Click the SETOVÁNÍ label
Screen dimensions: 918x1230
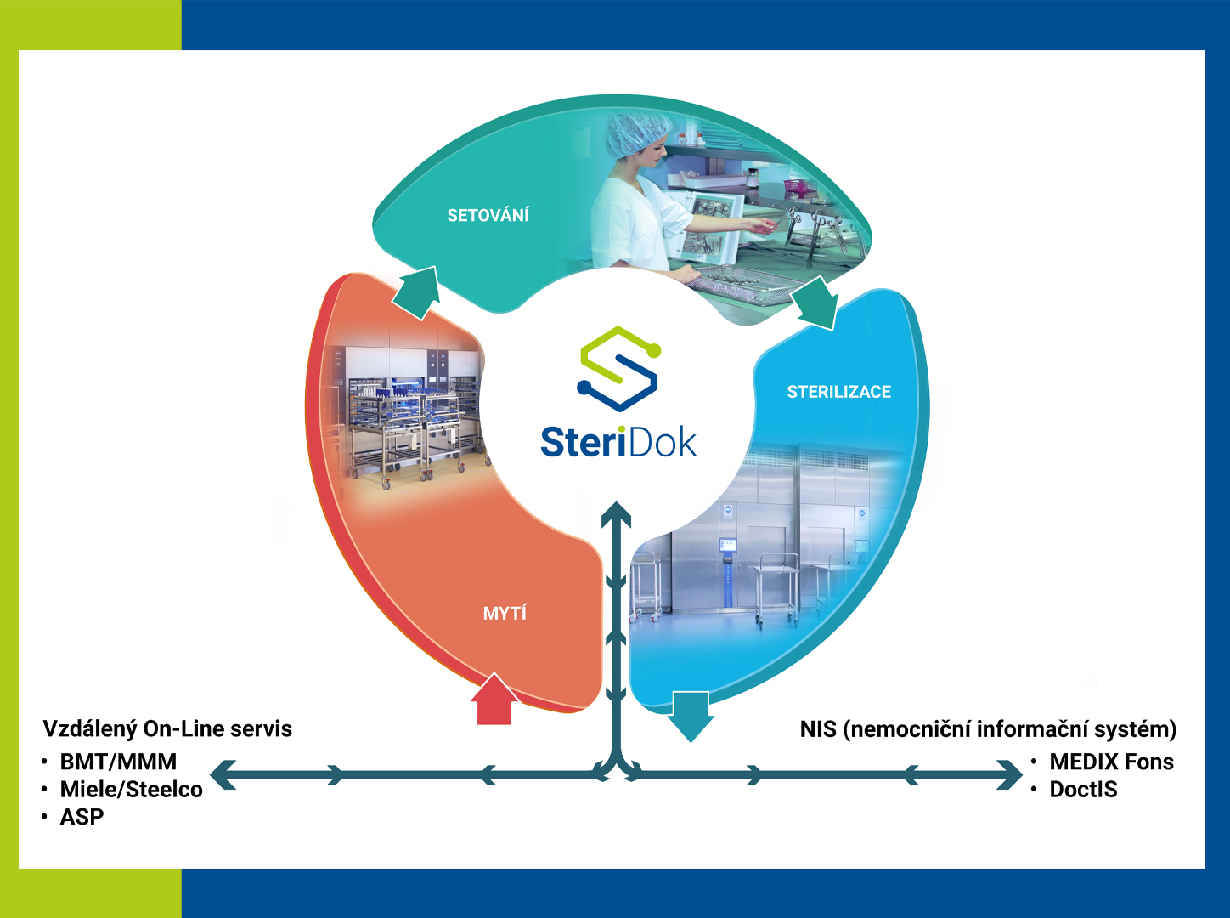pos(488,216)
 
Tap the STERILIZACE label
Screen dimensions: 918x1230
pos(838,392)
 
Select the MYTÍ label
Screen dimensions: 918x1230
pos(505,613)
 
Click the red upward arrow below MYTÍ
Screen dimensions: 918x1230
pos(494,700)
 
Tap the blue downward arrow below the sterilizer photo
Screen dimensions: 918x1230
pos(690,716)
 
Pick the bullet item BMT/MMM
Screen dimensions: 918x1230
pos(118,762)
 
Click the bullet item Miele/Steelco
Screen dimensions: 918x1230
pos(131,790)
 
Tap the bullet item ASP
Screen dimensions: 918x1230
pos(82,817)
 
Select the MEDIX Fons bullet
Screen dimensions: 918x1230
pos(1111,762)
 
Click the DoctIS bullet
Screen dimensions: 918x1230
pos(1083,790)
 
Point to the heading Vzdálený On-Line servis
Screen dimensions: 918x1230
pos(167,728)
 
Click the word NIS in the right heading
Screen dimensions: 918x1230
pos(818,729)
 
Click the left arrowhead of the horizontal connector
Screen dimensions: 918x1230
pos(223,774)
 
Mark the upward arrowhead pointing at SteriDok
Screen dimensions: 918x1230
pos(616,513)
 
